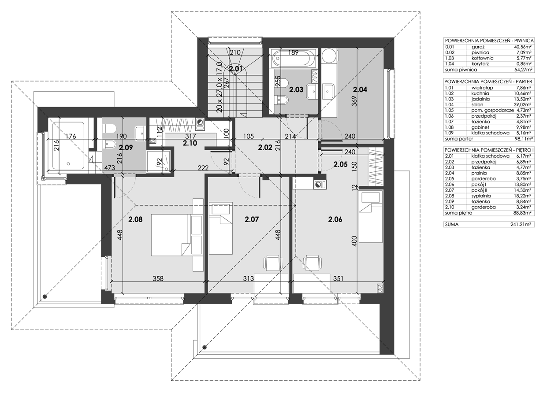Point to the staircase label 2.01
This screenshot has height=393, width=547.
[x=235, y=68]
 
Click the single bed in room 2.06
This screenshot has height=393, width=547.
[x=370, y=217]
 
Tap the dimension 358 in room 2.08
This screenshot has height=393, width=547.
[x=158, y=278]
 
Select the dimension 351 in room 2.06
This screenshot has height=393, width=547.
[x=337, y=278]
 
